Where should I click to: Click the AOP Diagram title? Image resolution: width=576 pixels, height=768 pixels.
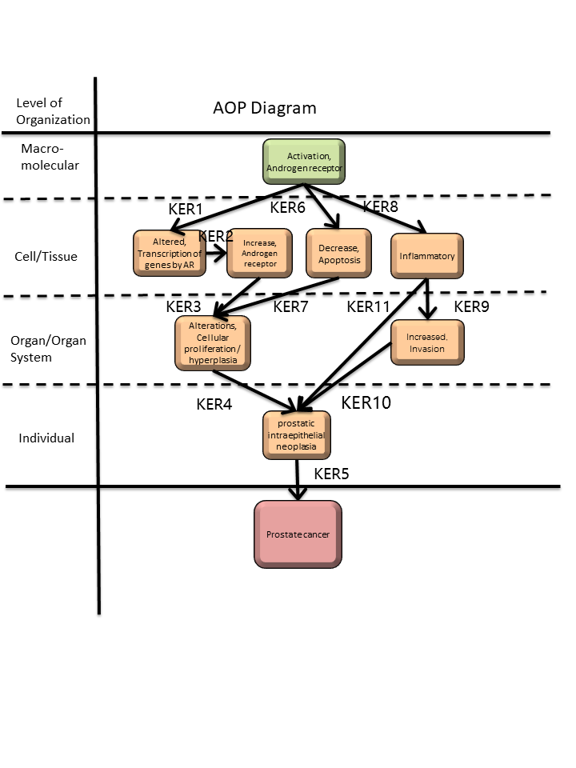pos(265,108)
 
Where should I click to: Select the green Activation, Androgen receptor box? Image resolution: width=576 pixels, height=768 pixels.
pos(304,162)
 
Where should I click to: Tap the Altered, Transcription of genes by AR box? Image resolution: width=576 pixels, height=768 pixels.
pos(169,253)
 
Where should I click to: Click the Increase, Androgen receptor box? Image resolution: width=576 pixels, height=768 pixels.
pos(260,253)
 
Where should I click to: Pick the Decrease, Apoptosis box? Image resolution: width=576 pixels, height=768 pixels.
pos(338,254)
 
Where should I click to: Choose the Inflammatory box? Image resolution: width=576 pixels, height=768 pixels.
pos(427,256)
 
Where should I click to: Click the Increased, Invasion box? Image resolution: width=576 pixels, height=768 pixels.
pos(427,342)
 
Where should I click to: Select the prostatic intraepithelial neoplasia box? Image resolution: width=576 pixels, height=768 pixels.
pos(296,434)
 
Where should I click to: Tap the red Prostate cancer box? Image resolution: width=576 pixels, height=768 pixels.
pos(298,534)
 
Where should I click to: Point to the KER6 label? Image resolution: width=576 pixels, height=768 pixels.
pos(288,208)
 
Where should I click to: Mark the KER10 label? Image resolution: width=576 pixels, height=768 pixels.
pos(366,402)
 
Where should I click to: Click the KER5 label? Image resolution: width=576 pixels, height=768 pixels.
pos(331,473)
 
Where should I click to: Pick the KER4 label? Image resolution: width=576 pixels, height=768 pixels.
pos(214,404)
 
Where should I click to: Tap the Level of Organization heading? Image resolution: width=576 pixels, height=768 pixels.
pos(53,111)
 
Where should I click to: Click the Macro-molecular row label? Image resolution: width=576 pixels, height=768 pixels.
pos(49,157)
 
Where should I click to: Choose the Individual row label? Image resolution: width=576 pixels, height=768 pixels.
pos(47,438)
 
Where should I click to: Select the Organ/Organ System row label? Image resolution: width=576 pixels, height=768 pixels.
pos(48,349)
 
